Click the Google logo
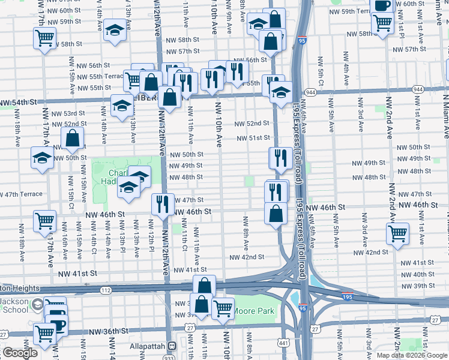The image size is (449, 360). (20, 353)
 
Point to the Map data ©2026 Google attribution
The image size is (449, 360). (412, 355)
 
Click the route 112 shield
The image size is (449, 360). (106, 290)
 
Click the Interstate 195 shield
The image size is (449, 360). (350, 296)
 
